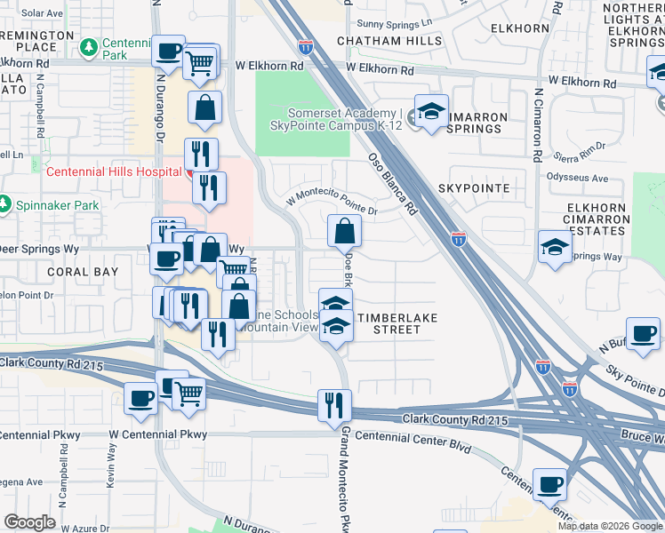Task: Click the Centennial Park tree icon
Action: click(88, 46)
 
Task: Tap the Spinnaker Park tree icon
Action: click(5, 205)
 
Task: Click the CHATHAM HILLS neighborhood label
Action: click(389, 41)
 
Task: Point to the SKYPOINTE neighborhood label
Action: click(474, 189)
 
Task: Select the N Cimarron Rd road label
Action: click(538, 125)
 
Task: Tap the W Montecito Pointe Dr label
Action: click(332, 206)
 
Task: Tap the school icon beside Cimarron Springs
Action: click(432, 112)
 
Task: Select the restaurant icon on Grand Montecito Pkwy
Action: click(334, 405)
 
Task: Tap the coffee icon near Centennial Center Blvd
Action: click(550, 485)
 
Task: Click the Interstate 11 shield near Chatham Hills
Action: click(306, 44)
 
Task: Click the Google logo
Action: click(29, 522)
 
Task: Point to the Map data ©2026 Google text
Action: click(609, 526)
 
